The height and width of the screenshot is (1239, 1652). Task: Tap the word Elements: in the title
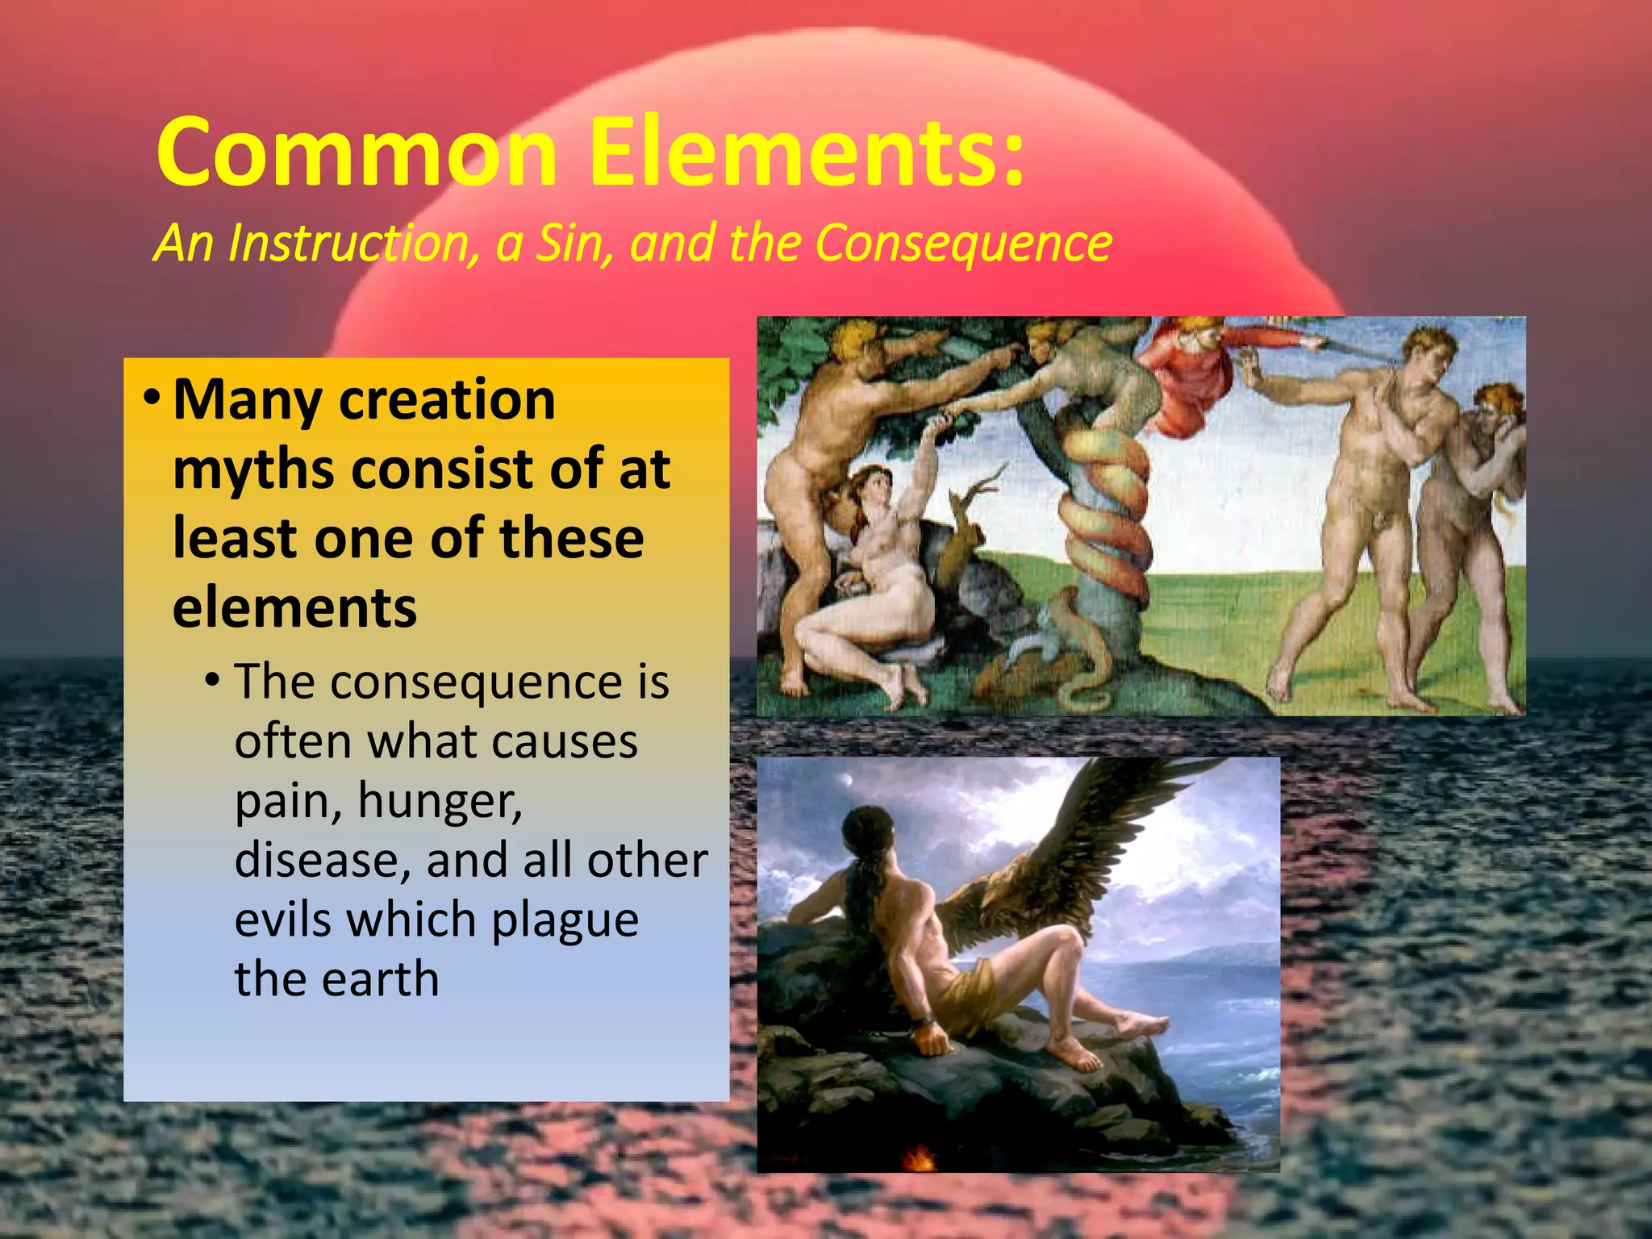point(807,152)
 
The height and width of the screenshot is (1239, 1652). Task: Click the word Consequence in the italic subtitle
point(963,244)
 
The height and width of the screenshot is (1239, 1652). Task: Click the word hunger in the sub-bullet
point(440,802)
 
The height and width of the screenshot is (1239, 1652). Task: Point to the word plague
point(565,921)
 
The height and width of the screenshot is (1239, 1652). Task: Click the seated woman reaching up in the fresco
point(879,565)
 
